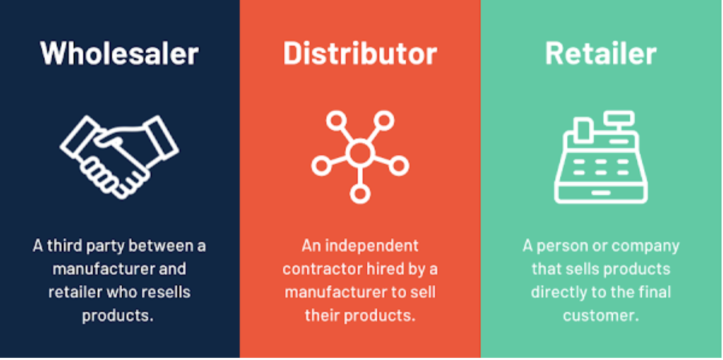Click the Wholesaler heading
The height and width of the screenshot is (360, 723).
119,54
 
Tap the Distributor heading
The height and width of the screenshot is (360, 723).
359,54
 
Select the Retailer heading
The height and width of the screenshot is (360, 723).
601,54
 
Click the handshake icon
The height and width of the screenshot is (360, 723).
119,157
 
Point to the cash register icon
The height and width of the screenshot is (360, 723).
601,157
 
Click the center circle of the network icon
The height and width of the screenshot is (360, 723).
360,153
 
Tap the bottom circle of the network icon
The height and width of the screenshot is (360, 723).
359,193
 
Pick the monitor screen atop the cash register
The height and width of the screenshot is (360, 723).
620,118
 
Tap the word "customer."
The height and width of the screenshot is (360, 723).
602,316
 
